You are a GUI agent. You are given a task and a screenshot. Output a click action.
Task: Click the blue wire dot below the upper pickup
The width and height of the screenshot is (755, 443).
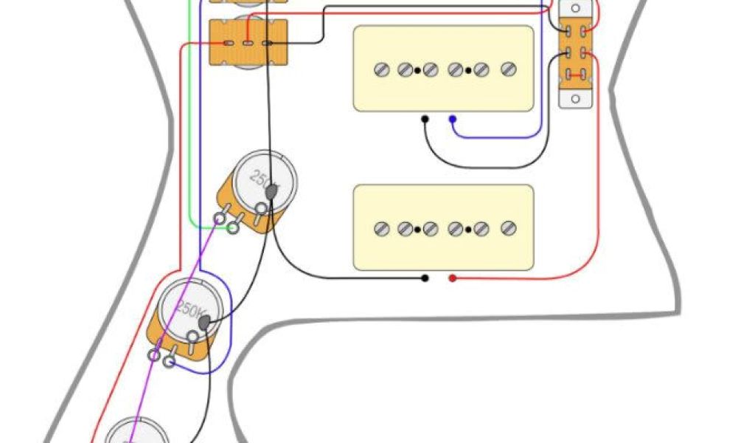pos(452,119)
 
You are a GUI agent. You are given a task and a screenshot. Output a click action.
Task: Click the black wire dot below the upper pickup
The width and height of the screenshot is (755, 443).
pos(425,119)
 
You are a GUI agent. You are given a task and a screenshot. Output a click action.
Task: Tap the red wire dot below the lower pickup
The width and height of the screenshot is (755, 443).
pos(453,278)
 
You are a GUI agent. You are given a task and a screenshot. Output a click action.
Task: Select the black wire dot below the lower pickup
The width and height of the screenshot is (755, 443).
pos(425,278)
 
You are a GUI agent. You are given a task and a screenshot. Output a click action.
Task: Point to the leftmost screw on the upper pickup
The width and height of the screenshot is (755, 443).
pos(381,70)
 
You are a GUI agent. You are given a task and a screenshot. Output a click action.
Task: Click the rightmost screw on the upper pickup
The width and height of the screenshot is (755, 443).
pos(507,70)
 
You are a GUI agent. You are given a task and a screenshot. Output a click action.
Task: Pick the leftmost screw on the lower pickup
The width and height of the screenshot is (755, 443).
pos(381,229)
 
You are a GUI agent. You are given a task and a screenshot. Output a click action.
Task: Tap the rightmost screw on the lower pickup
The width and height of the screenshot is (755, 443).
pos(507,229)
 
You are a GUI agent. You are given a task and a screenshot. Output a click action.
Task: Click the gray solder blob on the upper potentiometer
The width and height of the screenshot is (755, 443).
pos(271,191)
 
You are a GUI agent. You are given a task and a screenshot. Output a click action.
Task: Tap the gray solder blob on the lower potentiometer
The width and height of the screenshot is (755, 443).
pos(204,321)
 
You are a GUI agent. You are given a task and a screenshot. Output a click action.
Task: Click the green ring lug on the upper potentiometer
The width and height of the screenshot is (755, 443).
pos(232,229)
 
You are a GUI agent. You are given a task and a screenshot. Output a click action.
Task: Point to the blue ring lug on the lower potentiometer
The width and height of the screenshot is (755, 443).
pos(169,362)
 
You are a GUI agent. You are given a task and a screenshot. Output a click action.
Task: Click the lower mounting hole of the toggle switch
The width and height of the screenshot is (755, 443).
pos(576,98)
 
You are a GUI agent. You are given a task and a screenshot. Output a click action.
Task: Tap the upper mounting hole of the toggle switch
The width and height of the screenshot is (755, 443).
pos(576,7)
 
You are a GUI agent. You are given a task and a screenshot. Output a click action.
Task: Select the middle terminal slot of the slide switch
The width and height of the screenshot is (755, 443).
pos(248,44)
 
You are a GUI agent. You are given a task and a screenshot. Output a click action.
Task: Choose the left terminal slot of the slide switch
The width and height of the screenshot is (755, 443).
pos(228,44)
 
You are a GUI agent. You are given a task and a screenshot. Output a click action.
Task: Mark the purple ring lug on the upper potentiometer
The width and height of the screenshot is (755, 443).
pos(219,219)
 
